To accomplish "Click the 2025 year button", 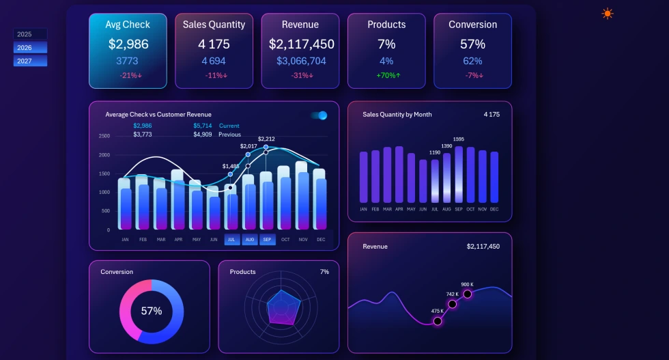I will [30, 34].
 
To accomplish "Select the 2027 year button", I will [30, 61].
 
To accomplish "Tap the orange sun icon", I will [607, 13].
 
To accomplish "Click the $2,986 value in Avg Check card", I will [128, 44].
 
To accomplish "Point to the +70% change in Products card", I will [386, 75].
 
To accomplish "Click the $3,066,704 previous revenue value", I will [300, 61].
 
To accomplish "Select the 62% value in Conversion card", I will [472, 61].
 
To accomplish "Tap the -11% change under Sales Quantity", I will [214, 75].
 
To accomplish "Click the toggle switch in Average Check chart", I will [319, 115].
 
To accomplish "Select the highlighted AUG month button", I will [250, 240].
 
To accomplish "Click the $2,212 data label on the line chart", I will [266, 139].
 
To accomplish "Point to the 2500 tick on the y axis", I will [104, 136].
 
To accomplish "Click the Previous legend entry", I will [229, 135].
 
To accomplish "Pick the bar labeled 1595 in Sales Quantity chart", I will [459, 174].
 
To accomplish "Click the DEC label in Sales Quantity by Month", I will [494, 209].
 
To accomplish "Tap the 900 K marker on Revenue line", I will [468, 294].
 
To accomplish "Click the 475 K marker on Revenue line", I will [438, 321].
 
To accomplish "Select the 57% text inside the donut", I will [152, 311].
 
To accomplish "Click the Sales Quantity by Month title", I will [397, 114].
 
